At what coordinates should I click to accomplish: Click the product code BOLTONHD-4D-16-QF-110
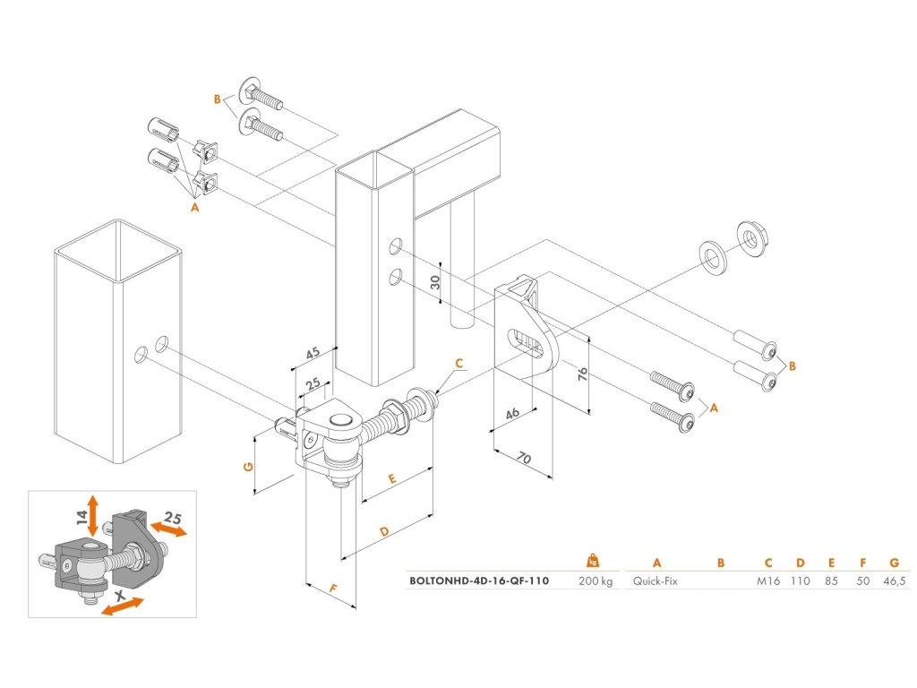[x=479, y=580]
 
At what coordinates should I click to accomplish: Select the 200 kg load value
[x=596, y=580]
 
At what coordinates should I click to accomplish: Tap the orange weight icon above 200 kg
[x=593, y=560]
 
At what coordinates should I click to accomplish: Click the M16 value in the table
[x=768, y=580]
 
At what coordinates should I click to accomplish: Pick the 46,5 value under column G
[x=895, y=580]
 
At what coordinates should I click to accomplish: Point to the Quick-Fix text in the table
[x=655, y=580]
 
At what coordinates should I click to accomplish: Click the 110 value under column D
[x=800, y=580]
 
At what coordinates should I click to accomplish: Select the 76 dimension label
[x=582, y=375]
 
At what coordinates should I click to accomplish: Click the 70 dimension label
[x=524, y=459]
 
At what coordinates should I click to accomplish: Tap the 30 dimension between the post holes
[x=435, y=282]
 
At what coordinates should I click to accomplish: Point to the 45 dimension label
[x=313, y=353]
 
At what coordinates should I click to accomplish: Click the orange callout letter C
[x=459, y=364]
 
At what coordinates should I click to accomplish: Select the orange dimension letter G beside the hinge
[x=248, y=466]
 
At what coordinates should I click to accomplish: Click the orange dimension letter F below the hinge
[x=333, y=589]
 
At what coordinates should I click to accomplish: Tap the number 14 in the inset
[x=81, y=517]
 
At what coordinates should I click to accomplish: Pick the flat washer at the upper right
[x=714, y=255]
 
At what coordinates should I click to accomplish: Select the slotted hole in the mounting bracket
[x=527, y=341]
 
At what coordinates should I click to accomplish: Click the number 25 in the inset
[x=172, y=517]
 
